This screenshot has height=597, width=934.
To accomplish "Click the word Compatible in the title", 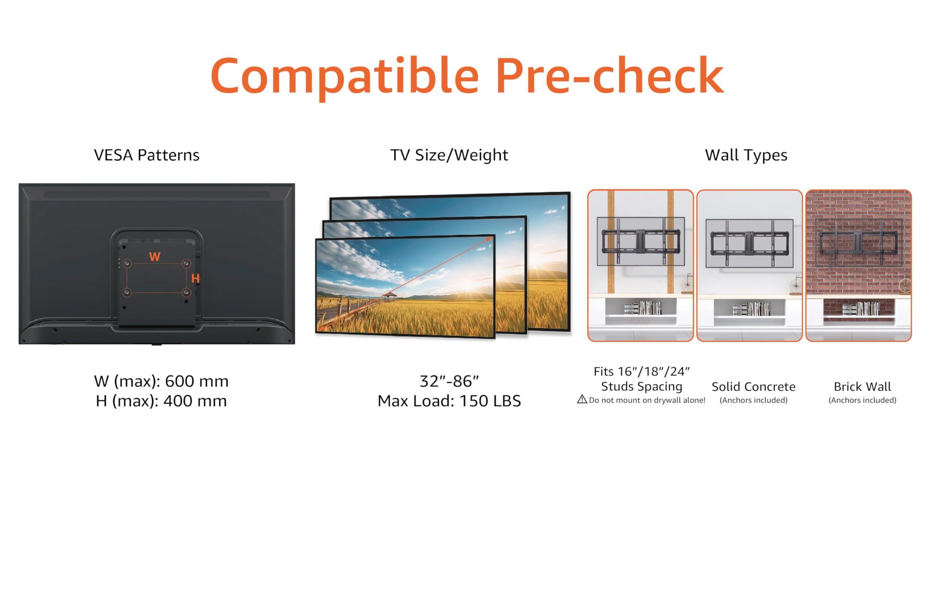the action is coord(344,77).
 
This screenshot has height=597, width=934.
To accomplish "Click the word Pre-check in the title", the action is coord(610,75).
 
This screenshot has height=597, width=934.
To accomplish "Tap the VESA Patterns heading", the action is coord(147,155).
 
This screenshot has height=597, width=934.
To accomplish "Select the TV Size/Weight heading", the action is coord(449,155).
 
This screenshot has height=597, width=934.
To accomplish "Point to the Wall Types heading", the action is coord(746,155).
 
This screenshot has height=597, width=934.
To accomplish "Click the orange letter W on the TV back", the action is coord(155,257).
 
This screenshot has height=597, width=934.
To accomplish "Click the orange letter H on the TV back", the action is coord(196,278).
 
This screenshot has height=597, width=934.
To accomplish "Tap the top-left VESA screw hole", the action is coord(127,264).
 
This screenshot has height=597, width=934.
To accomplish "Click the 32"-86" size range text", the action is coord(449,381).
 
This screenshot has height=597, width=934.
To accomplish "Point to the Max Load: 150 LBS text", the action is coord(449,401).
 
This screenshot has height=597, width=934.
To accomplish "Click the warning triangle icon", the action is coord(582,399).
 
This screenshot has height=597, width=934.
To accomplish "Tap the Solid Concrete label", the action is coord(753,387).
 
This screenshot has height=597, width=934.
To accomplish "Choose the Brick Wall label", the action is coord(862,387).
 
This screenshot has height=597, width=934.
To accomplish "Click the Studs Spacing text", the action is coord(641,386).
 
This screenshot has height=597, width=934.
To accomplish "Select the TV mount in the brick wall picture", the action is coord(858,243).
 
